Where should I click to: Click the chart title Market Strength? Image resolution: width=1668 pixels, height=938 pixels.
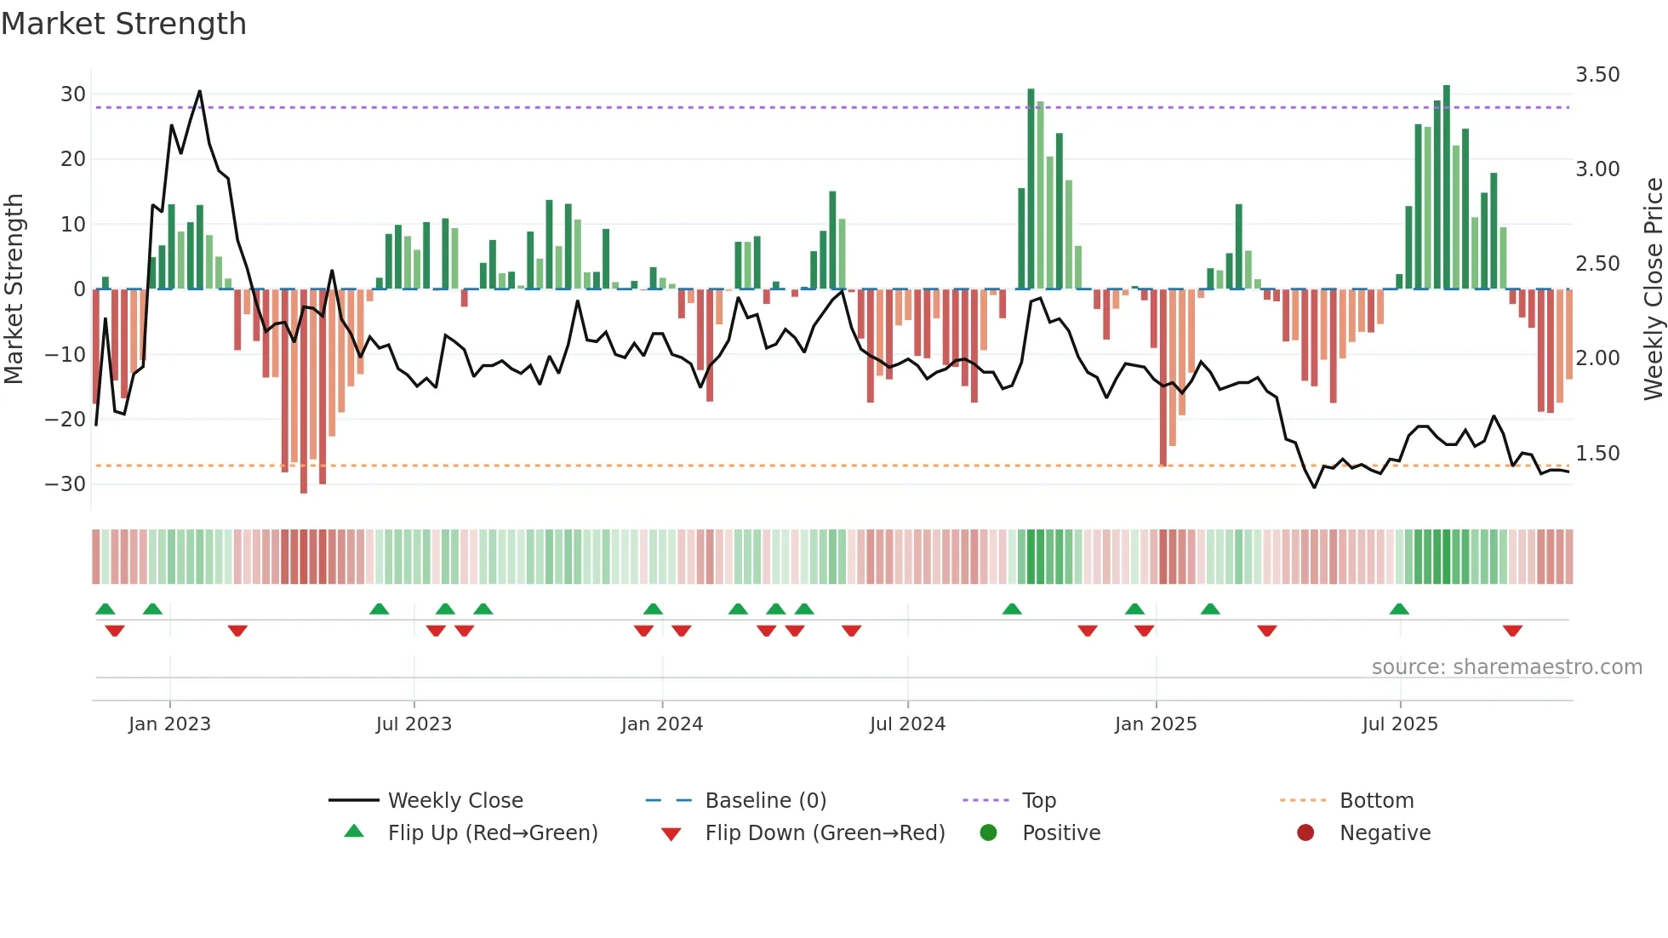click(x=123, y=24)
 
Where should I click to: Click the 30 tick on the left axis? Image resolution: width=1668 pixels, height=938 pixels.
click(x=72, y=94)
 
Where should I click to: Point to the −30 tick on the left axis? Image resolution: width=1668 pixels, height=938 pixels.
click(x=66, y=484)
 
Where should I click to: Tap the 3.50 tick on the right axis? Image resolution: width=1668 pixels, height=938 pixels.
click(x=1597, y=75)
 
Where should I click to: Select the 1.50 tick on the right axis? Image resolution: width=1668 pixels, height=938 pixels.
click(x=1597, y=454)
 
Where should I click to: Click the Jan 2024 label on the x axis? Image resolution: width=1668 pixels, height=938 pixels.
click(x=661, y=724)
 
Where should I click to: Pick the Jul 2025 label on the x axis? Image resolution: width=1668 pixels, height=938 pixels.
click(x=1399, y=724)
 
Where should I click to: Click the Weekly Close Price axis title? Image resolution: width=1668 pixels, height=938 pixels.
click(x=1653, y=289)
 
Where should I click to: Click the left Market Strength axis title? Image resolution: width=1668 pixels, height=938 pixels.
click(x=14, y=289)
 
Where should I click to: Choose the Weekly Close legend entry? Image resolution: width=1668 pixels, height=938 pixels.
click(x=454, y=801)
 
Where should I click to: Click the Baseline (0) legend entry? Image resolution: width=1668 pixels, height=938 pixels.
click(x=765, y=801)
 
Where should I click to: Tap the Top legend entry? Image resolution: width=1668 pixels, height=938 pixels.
click(x=1038, y=801)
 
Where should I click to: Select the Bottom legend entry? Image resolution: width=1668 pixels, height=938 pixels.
click(x=1376, y=801)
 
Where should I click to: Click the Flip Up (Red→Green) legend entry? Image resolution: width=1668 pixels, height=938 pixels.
click(x=492, y=833)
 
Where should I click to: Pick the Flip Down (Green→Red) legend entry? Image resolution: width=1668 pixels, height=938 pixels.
click(x=824, y=833)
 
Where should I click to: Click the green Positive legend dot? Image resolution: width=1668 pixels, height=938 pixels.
click(x=988, y=833)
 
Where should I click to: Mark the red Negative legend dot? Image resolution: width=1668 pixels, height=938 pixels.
click(x=1305, y=833)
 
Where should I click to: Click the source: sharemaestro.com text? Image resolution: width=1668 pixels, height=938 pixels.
click(x=1506, y=667)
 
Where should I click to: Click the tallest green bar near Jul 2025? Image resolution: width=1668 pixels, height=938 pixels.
click(x=1447, y=187)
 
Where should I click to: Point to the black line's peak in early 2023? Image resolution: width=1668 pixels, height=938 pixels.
click(x=200, y=91)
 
